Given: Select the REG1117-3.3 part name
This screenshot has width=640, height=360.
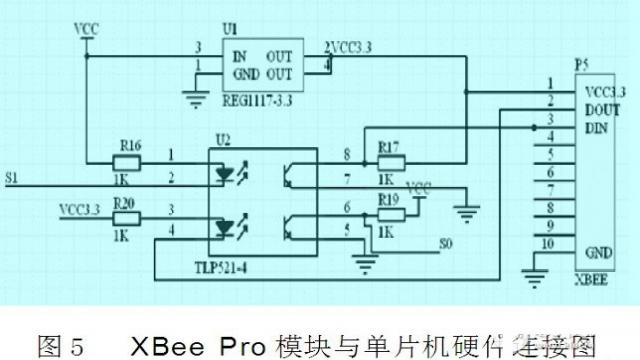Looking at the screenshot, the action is click(x=263, y=99).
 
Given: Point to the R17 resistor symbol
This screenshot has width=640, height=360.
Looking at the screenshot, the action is click(x=390, y=162).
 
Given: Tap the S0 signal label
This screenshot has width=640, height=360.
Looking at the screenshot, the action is click(x=447, y=243).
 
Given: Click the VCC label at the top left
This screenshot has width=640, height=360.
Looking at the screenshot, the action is click(x=87, y=30).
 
